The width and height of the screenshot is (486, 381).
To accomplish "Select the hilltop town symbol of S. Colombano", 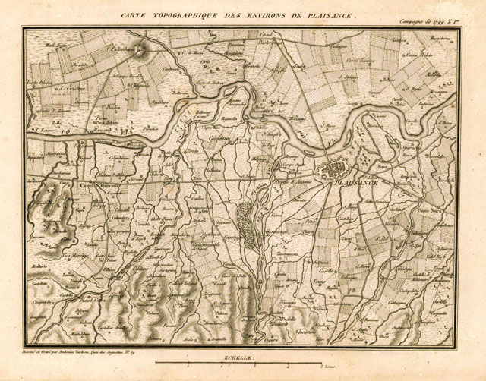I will point(144,48).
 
